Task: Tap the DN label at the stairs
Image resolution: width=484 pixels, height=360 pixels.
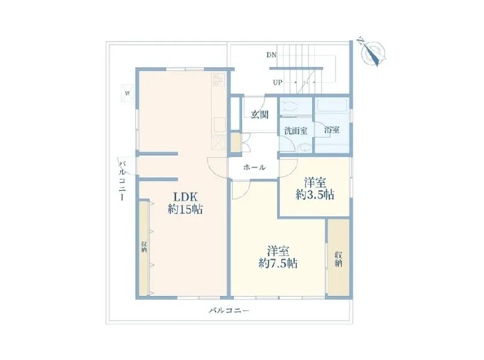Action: click(x=272, y=56)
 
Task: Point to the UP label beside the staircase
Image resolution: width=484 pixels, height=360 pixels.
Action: click(x=278, y=83)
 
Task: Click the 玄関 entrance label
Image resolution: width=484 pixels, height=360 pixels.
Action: click(x=260, y=115)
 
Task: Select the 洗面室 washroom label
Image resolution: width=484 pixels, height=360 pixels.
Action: click(x=296, y=130)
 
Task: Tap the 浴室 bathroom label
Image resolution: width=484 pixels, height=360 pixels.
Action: click(x=332, y=130)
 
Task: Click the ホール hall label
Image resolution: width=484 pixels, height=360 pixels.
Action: click(x=254, y=167)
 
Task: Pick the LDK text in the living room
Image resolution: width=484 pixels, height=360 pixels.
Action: click(x=185, y=197)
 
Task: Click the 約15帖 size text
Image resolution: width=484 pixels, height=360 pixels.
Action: click(x=185, y=210)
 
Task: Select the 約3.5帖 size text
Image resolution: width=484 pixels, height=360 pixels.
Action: click(x=315, y=195)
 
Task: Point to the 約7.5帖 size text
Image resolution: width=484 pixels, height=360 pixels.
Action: click(x=278, y=263)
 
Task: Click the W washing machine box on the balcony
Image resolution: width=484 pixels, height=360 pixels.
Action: click(x=127, y=93)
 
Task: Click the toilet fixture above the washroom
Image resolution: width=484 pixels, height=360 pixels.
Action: click(x=289, y=106)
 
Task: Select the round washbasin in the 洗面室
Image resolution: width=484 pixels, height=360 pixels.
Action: click(x=305, y=148)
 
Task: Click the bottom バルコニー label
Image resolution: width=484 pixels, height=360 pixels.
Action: click(x=229, y=310)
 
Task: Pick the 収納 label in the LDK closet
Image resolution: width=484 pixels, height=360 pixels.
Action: click(x=144, y=246)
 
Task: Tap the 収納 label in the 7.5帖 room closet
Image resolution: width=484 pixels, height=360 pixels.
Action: click(x=339, y=259)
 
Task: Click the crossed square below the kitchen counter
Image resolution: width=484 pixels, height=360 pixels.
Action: click(x=219, y=143)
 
